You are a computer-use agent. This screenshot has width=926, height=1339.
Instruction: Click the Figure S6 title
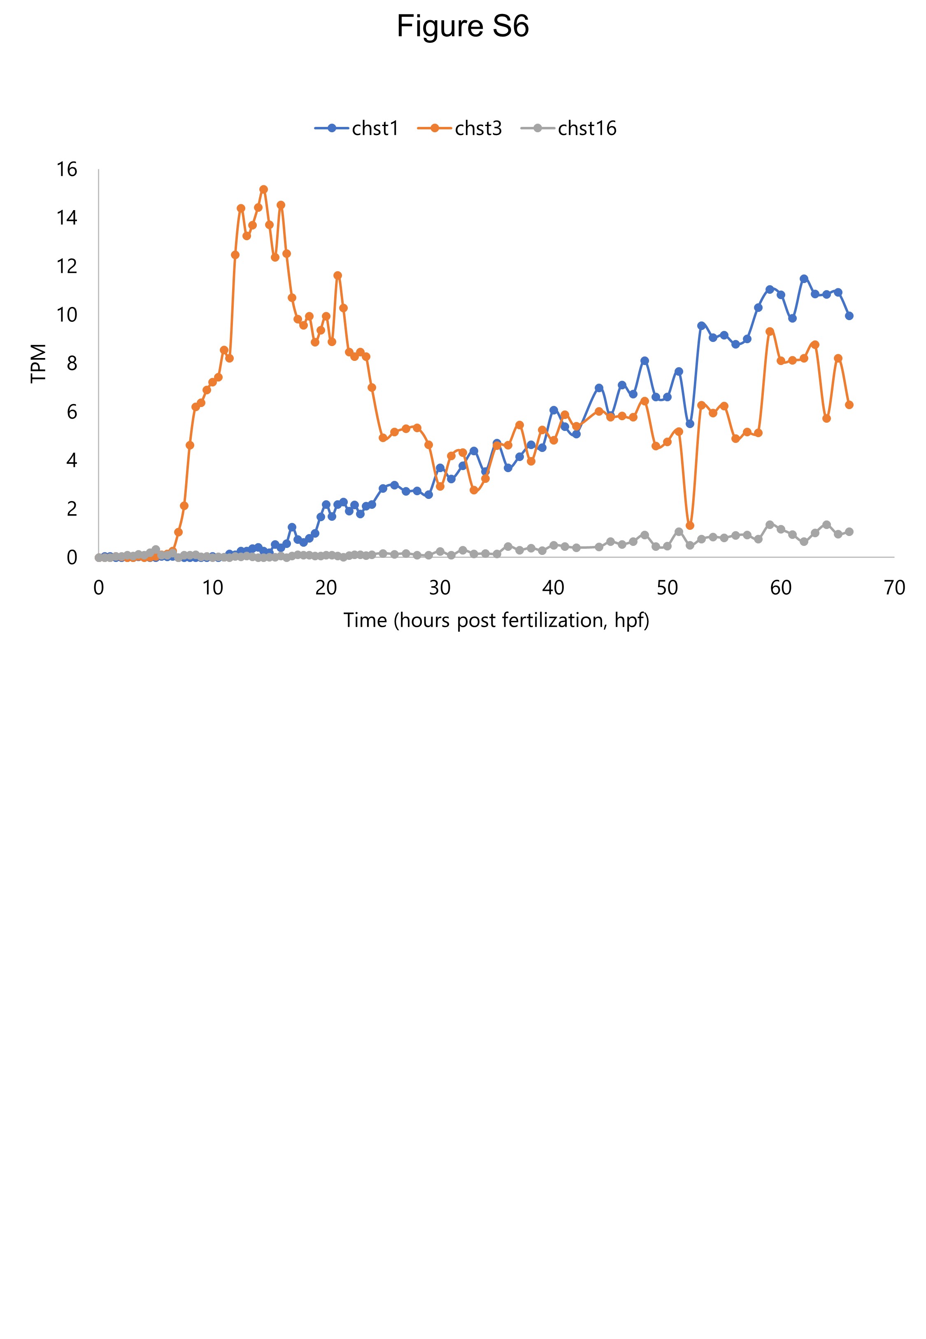pyautogui.click(x=463, y=27)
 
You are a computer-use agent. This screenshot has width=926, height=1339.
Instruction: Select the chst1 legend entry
pyautogui.click(x=375, y=128)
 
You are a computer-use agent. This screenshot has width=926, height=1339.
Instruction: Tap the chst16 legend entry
pyautogui.click(x=586, y=128)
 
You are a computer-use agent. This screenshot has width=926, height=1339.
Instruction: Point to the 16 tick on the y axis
pyautogui.click(x=67, y=170)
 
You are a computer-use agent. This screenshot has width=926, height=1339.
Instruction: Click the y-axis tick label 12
pyautogui.click(x=67, y=267)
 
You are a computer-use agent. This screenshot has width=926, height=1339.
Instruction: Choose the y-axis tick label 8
pyautogui.click(x=71, y=363)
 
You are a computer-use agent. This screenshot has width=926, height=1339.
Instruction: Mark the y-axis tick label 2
pyautogui.click(x=71, y=509)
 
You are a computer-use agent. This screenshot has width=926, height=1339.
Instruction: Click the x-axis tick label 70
pyautogui.click(x=894, y=588)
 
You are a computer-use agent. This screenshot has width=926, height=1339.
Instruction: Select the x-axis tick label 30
pyautogui.click(x=440, y=588)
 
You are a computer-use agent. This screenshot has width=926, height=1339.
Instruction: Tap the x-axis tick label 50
pyautogui.click(x=667, y=588)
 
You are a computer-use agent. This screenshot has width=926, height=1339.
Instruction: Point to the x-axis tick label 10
pyautogui.click(x=212, y=588)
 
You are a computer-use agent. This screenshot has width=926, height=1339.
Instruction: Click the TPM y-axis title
pyautogui.click(x=38, y=363)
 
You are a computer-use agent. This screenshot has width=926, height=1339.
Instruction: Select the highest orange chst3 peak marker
pyautogui.click(x=263, y=189)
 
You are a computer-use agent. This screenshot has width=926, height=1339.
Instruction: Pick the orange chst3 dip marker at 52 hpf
pyautogui.click(x=690, y=525)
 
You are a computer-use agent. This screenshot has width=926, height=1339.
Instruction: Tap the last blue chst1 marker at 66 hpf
pyautogui.click(x=849, y=316)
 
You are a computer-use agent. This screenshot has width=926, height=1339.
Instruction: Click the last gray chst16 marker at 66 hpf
pyautogui.click(x=849, y=531)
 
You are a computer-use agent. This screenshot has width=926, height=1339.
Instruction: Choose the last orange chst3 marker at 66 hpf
pyautogui.click(x=849, y=405)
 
